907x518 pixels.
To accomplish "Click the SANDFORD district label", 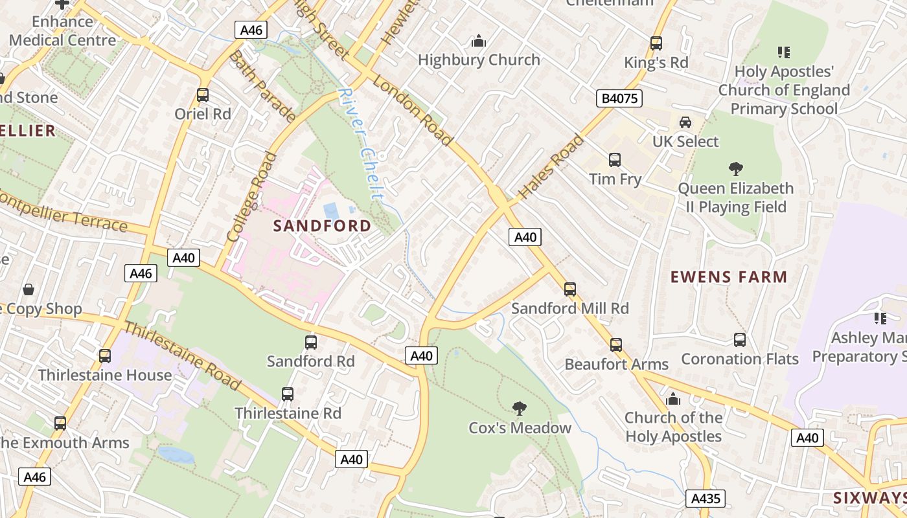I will (322, 226).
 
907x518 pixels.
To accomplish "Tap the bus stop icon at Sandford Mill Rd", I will (570, 289).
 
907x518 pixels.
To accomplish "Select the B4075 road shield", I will (619, 98).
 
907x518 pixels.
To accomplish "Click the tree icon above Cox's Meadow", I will (519, 408).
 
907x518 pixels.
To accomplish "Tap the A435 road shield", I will (705, 499).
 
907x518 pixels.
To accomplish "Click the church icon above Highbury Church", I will (479, 41).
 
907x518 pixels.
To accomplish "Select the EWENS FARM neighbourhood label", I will (728, 277).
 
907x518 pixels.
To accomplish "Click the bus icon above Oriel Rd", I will (203, 95).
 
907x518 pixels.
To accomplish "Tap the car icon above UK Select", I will (685, 122).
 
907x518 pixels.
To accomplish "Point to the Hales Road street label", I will (551, 167).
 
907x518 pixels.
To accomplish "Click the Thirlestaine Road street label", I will (182, 356).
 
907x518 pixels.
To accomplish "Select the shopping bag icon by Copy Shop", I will (29, 289).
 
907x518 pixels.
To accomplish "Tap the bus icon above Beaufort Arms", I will (615, 344).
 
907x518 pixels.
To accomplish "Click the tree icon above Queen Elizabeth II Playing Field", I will (735, 169).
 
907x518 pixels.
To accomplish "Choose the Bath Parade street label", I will (262, 87).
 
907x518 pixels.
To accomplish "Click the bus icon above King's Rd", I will (656, 43).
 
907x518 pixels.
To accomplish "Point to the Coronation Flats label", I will (739, 358).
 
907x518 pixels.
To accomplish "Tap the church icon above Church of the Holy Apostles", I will (673, 399).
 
